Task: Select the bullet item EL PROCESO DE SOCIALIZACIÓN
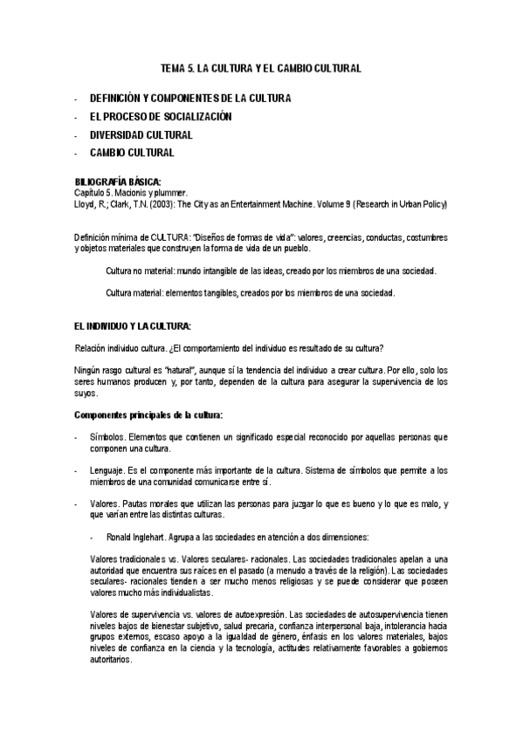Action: pos(161,116)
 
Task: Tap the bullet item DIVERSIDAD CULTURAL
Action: pos(141,134)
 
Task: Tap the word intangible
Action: pos(230,271)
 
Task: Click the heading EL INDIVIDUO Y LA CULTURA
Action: pos(133,325)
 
